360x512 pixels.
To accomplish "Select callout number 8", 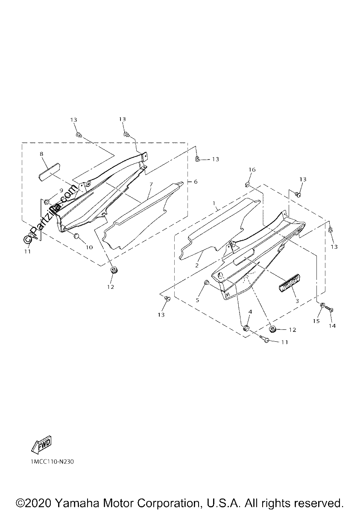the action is (41, 154).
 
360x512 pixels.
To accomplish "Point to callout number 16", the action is (252, 170).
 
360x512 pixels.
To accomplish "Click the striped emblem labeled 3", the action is (289, 283).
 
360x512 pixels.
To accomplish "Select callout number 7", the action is (151, 184).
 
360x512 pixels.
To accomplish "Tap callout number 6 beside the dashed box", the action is (196, 181).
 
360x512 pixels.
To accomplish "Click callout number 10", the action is (89, 247).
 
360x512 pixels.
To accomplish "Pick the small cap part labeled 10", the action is (76, 236).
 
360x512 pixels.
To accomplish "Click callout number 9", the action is (61, 190).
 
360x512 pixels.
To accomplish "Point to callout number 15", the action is (316, 321).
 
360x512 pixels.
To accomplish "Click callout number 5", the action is (197, 300).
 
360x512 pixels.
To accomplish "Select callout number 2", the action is (197, 265).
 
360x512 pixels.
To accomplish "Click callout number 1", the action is (214, 203).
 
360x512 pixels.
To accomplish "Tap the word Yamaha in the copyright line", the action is (76, 503).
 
